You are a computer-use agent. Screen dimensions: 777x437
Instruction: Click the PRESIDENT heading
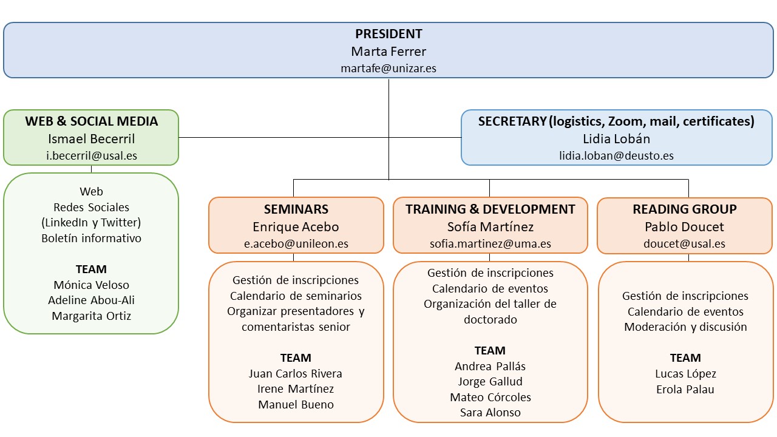click(388, 34)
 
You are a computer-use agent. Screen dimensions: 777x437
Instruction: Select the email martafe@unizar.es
click(388, 69)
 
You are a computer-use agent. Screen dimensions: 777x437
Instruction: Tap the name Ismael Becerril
click(91, 139)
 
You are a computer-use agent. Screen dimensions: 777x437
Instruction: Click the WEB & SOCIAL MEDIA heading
click(91, 121)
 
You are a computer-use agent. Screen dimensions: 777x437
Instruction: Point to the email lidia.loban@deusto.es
click(616, 156)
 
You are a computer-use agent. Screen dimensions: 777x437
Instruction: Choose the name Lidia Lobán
click(616, 139)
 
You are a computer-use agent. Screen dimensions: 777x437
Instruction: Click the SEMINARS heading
click(296, 209)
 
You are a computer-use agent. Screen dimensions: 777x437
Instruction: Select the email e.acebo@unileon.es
click(296, 244)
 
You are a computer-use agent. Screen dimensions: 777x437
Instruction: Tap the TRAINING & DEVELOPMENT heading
click(490, 209)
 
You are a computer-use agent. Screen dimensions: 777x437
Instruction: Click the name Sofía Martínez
click(490, 227)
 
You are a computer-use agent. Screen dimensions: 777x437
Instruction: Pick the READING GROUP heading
click(684, 209)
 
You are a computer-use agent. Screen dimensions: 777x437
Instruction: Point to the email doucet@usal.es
click(684, 244)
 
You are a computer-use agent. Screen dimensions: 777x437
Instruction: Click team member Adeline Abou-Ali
click(91, 300)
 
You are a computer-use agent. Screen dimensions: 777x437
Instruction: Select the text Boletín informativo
click(91, 239)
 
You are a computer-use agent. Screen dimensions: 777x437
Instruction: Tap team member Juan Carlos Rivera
click(296, 373)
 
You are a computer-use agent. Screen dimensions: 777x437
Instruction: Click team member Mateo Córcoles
click(490, 397)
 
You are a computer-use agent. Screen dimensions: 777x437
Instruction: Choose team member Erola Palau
click(685, 390)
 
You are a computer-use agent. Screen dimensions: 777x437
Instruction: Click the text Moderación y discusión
click(685, 327)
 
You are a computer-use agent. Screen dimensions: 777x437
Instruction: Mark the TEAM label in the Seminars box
click(296, 357)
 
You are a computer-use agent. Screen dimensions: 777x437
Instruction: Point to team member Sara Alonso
click(490, 412)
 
